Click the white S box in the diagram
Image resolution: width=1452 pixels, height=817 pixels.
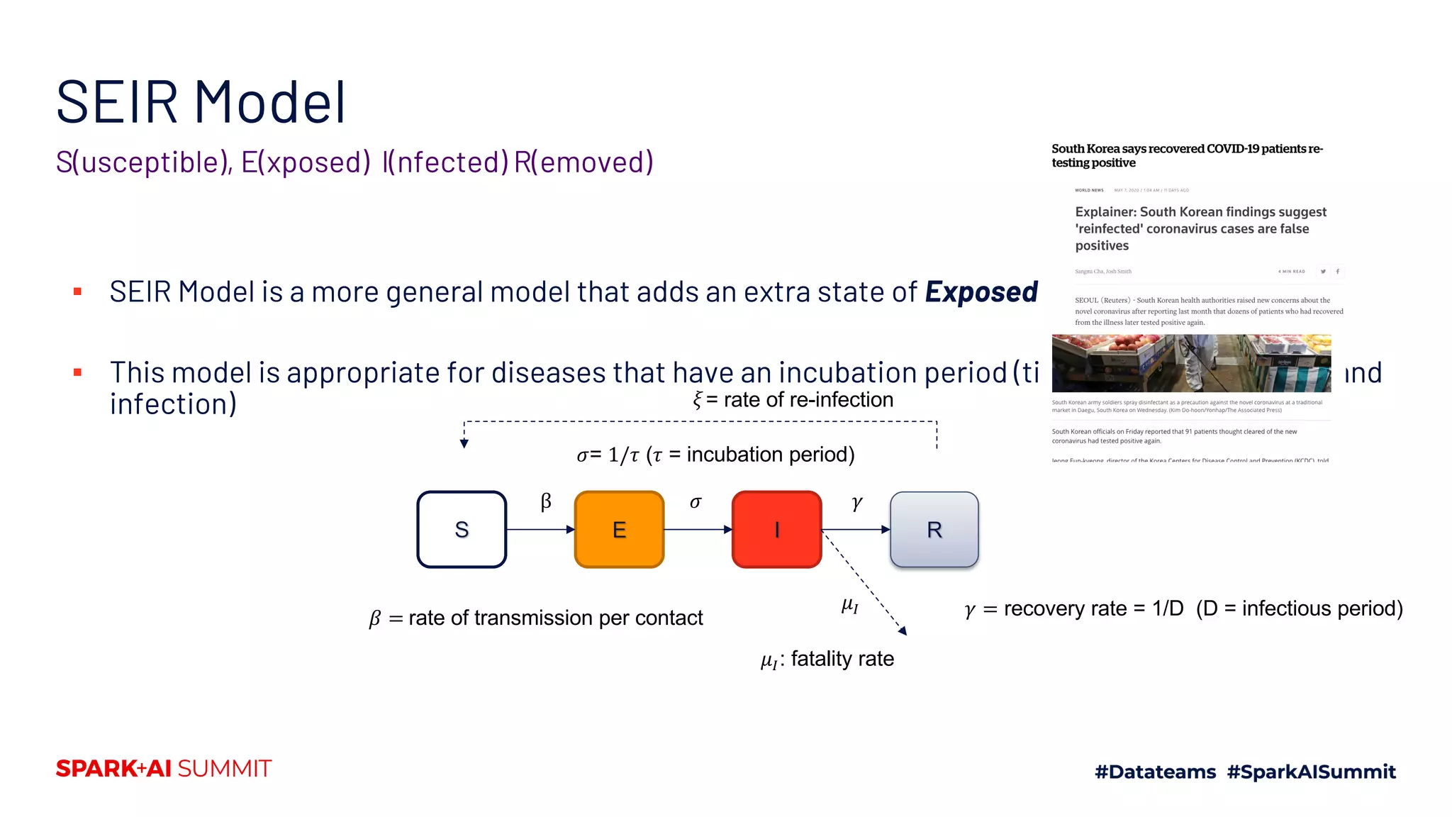click(x=462, y=529)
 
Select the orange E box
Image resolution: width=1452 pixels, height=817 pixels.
click(x=619, y=529)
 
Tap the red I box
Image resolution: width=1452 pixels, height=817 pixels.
click(x=776, y=529)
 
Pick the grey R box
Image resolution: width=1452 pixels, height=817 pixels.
click(x=934, y=529)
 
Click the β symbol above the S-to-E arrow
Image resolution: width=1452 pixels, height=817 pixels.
click(x=546, y=502)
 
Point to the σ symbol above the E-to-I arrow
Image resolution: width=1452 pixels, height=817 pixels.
click(x=696, y=503)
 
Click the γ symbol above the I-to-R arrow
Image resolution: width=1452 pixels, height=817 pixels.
click(x=856, y=503)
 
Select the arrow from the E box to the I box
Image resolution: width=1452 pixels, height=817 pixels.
click(x=698, y=529)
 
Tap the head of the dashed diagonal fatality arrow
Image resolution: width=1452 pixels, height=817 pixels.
click(x=903, y=630)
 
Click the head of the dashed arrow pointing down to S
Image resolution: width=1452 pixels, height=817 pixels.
click(x=464, y=443)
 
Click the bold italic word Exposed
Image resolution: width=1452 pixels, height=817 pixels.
click(x=981, y=292)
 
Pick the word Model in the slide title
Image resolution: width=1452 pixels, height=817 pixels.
click(x=270, y=103)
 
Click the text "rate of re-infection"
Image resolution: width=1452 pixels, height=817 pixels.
click(x=808, y=400)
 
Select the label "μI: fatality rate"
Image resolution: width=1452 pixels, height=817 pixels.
click(x=827, y=660)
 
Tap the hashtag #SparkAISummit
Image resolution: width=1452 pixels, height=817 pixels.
click(x=1311, y=772)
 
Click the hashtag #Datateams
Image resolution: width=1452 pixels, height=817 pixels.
click(x=1155, y=772)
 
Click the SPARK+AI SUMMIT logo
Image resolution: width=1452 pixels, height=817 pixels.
click(x=164, y=769)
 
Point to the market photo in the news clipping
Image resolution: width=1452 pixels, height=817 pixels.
click(x=1191, y=363)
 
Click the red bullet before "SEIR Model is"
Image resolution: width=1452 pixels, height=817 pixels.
click(x=77, y=291)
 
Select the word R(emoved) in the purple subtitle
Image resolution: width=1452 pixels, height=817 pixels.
click(x=583, y=162)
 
